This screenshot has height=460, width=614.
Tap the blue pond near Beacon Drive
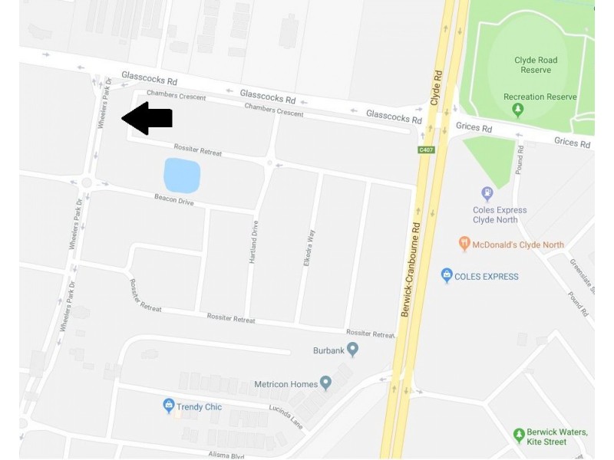click(182, 176)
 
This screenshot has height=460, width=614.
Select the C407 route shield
click(427, 149)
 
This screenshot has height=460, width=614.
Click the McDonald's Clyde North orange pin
click(464, 244)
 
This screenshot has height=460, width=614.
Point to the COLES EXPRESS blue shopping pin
click(447, 275)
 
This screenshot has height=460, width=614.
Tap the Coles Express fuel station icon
click(487, 193)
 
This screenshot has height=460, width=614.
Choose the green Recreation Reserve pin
click(518, 110)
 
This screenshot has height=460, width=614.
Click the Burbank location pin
click(352, 350)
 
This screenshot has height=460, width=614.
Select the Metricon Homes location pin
click(325, 383)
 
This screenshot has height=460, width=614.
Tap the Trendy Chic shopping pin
click(169, 406)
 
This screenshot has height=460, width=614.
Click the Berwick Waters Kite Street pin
click(519, 435)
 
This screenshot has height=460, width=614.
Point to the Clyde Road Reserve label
click(536, 65)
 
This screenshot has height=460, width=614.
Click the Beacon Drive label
click(173, 199)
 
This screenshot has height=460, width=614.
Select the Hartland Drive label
click(253, 243)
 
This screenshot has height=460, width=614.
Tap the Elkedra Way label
click(311, 248)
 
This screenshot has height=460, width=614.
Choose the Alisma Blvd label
click(226, 455)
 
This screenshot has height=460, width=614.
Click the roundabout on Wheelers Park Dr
click(86, 182)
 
